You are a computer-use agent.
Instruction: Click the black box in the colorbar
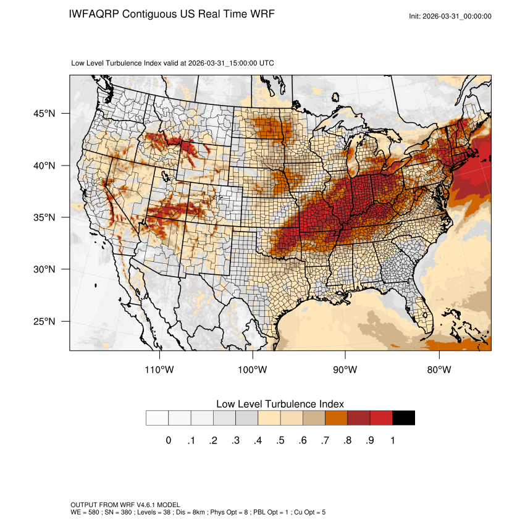(403, 418)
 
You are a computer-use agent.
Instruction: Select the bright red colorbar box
(381, 418)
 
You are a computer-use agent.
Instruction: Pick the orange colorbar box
(336, 418)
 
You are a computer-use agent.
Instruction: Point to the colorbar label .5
(280, 440)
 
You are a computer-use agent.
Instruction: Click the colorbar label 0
(169, 440)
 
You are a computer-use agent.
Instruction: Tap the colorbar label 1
(392, 440)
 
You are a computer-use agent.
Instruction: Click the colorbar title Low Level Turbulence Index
(280, 403)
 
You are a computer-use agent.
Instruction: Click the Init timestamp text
(450, 16)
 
